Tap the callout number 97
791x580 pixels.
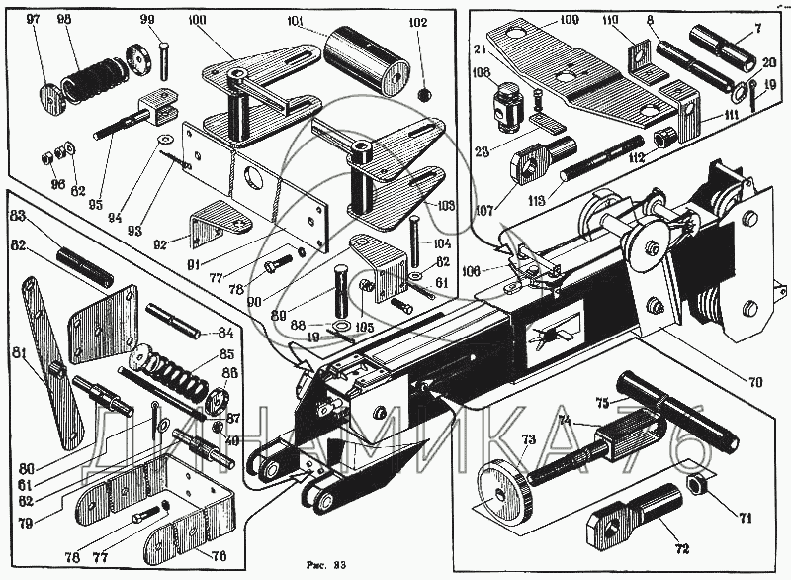[33, 21]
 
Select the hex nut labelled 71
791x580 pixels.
[695, 485]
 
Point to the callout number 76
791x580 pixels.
[219, 556]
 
